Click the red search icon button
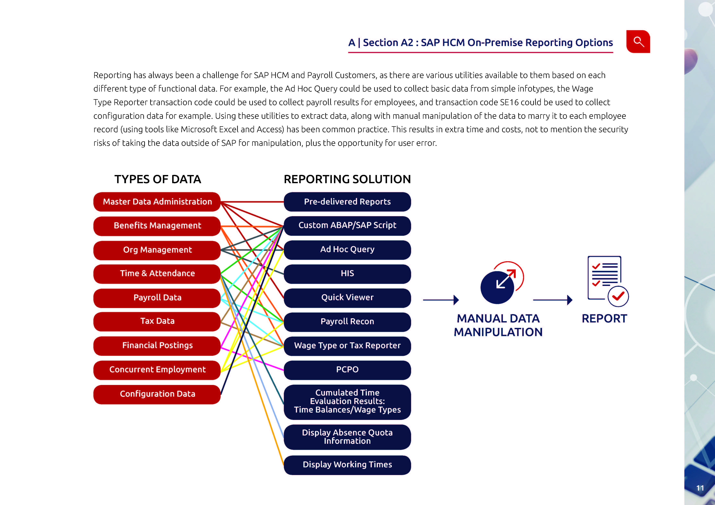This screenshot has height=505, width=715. point(638,42)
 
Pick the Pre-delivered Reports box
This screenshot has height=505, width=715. point(347,202)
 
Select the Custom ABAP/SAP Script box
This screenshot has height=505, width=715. point(347,226)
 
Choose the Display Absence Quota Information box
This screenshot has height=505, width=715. point(347,437)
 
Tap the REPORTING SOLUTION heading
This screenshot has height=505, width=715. point(347,179)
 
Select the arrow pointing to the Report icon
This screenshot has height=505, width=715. point(553,300)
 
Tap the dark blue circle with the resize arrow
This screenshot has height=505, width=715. point(497,288)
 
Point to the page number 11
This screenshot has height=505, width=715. point(700,488)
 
